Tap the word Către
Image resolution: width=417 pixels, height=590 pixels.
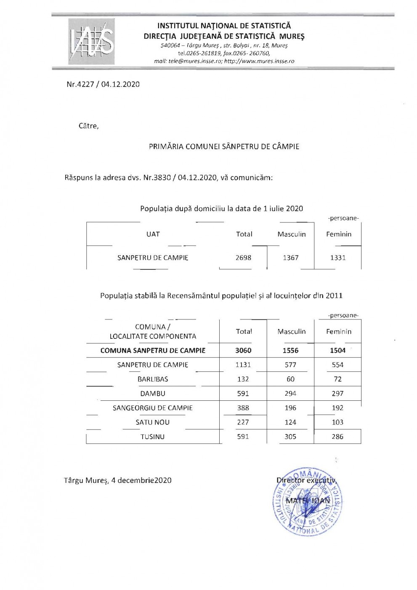[88, 126]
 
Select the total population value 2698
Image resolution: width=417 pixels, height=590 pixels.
[243, 257]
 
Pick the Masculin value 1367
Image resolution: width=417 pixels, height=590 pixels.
[290, 257]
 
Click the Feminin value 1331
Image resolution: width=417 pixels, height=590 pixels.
[337, 257]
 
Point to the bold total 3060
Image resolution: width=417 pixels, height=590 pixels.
[243, 350]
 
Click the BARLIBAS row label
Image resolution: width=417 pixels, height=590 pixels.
[153, 379]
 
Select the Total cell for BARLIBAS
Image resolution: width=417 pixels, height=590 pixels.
[243, 379]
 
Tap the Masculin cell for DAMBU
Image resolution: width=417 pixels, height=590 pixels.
[290, 394]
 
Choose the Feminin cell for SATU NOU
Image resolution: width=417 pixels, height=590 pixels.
[337, 422]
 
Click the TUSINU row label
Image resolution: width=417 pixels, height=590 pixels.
[153, 437]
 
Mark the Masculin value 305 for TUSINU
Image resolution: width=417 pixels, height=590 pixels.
[290, 437]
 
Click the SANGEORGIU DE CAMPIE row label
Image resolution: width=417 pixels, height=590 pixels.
[153, 408]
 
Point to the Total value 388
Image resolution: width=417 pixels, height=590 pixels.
[243, 408]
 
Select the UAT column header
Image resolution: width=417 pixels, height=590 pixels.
[153, 234]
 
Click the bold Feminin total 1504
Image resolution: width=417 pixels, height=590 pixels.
[337, 350]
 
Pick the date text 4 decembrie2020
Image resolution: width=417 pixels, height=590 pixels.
[141, 480]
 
